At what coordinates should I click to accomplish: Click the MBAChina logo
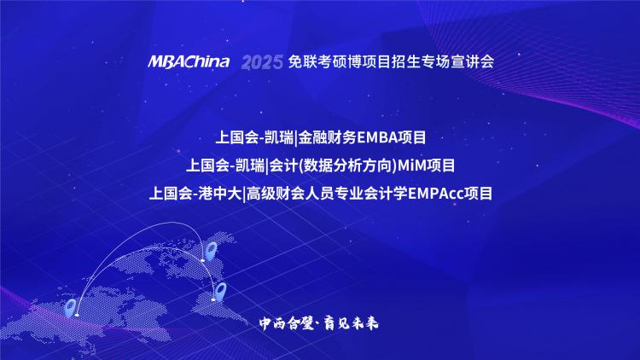[x=189, y=61]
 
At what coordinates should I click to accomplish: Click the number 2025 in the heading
[x=262, y=62]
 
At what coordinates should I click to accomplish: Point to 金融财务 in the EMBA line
[x=328, y=137]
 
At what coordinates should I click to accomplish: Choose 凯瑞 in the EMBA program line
[x=279, y=137]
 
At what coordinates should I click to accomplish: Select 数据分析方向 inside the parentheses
[x=347, y=165]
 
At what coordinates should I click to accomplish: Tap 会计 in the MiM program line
[x=283, y=165]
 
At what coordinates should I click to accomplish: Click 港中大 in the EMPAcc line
[x=220, y=194]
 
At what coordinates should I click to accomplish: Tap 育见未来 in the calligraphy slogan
[x=351, y=323]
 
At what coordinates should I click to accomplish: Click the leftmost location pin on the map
[x=70, y=308]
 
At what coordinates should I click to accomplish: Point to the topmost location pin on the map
[x=211, y=251]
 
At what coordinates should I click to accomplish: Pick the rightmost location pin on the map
[x=220, y=292]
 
